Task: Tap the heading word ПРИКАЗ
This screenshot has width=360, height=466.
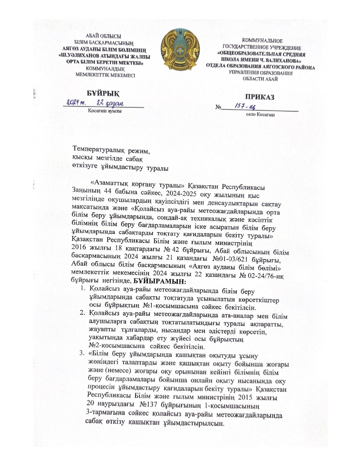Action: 259,97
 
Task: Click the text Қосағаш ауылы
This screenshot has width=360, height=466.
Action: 105,111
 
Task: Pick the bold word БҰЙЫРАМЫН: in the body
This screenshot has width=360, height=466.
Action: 160,282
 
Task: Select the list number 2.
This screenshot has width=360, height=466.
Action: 82,313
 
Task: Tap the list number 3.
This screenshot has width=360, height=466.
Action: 82,353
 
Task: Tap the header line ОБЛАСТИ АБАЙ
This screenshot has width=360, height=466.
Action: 260,79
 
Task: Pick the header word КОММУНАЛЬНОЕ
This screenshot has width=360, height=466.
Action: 262,42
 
